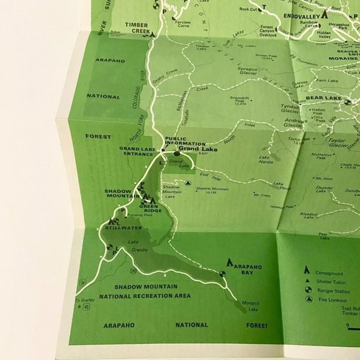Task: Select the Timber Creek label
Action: coord(137,27)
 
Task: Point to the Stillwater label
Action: coord(119,228)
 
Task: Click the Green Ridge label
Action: coord(150,208)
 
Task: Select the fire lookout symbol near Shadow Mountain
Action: coord(188,183)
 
